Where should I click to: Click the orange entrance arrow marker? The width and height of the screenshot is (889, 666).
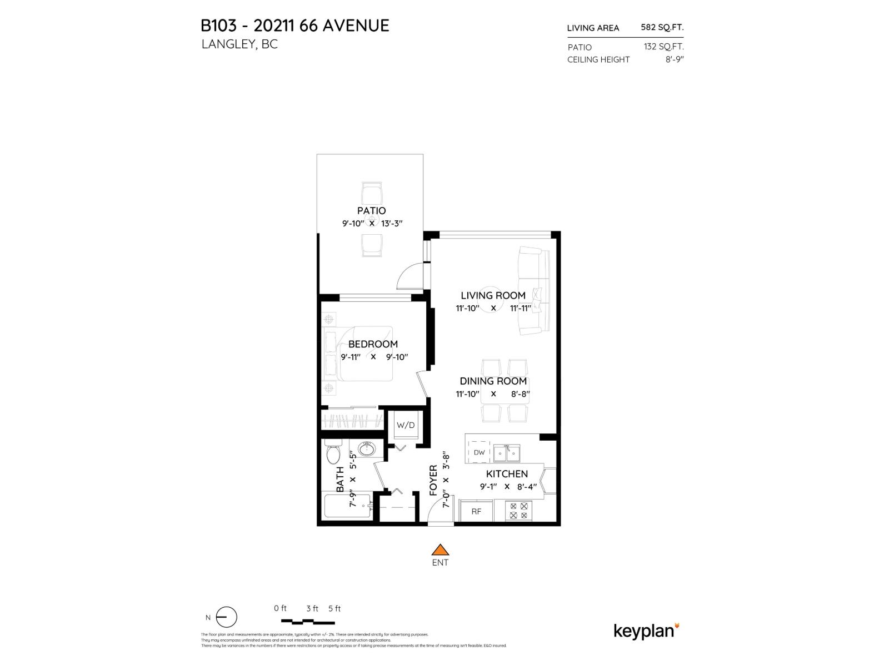click(440, 550)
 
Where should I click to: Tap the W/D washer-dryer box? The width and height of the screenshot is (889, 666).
click(405, 426)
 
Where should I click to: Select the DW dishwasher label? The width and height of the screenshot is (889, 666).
click(479, 452)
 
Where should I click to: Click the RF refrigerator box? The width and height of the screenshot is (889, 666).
click(476, 512)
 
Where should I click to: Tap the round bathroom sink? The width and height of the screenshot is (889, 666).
click(366, 448)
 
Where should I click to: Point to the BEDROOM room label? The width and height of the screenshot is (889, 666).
click(373, 344)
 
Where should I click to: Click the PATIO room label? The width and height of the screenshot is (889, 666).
click(372, 211)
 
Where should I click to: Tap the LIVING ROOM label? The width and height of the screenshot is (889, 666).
click(493, 295)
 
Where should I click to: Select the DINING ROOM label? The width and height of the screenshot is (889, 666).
click(493, 381)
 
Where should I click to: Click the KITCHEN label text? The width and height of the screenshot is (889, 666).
click(507, 474)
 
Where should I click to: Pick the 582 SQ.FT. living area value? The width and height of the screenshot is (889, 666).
click(662, 27)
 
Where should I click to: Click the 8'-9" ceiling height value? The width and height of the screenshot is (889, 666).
click(674, 59)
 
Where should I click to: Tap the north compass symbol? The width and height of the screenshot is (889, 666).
click(226, 617)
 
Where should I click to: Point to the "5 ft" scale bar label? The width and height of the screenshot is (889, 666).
click(334, 608)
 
